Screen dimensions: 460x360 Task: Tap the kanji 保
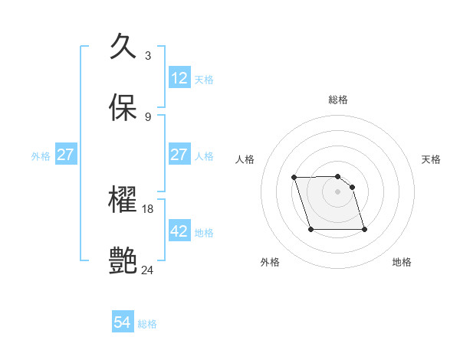point(123,107)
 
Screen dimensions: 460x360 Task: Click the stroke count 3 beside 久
point(147,56)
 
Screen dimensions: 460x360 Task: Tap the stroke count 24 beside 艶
point(148,270)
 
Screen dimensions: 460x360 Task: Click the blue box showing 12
point(179,78)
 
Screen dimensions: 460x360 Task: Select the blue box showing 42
point(179,231)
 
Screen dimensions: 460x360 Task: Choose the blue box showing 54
point(123,323)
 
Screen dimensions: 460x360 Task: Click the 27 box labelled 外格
point(66,155)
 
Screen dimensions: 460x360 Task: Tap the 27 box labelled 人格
point(179,155)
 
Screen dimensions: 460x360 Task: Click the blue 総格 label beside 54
point(147,324)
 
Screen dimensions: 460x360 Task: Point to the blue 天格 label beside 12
point(204,79)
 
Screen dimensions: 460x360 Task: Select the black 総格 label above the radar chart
point(338,100)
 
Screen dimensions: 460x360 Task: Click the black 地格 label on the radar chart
point(402,262)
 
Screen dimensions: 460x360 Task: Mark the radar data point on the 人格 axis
point(294,178)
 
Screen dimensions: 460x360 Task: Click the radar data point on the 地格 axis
point(364,229)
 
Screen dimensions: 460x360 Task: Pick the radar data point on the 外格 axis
point(310,229)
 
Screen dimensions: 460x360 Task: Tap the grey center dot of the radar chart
point(338,191)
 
